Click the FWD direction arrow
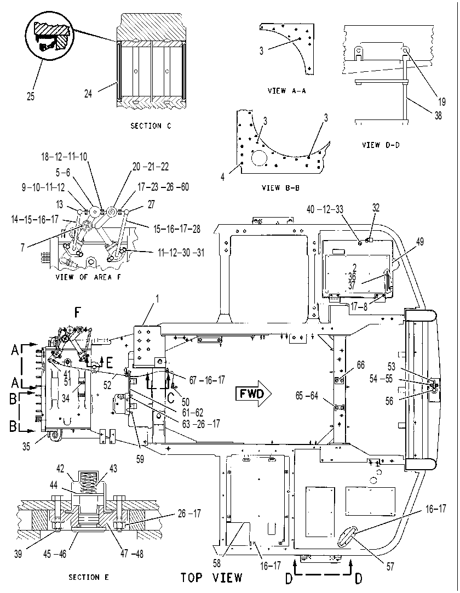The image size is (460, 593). coord(253,395)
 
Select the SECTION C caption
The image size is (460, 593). coord(151,126)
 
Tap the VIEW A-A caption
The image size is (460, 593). coord(286,91)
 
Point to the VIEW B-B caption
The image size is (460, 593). coord(280,187)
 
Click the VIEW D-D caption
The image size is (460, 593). coord(381,145)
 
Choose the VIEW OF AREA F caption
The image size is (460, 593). coord(88,277)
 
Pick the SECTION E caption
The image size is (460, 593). coord(89,577)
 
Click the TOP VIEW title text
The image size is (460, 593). coord(211,578)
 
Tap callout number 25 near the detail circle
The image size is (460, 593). coord(31,96)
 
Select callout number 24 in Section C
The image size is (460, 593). coord(88,93)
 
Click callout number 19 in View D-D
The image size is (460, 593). coord(442,102)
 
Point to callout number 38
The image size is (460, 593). coord(438,115)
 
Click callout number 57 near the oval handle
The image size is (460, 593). coord(390,566)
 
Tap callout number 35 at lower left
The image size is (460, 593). coord(26,447)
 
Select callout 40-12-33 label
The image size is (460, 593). coord(325,209)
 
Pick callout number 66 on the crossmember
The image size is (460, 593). coord(361,364)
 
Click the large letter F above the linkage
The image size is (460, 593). coord(77,313)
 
